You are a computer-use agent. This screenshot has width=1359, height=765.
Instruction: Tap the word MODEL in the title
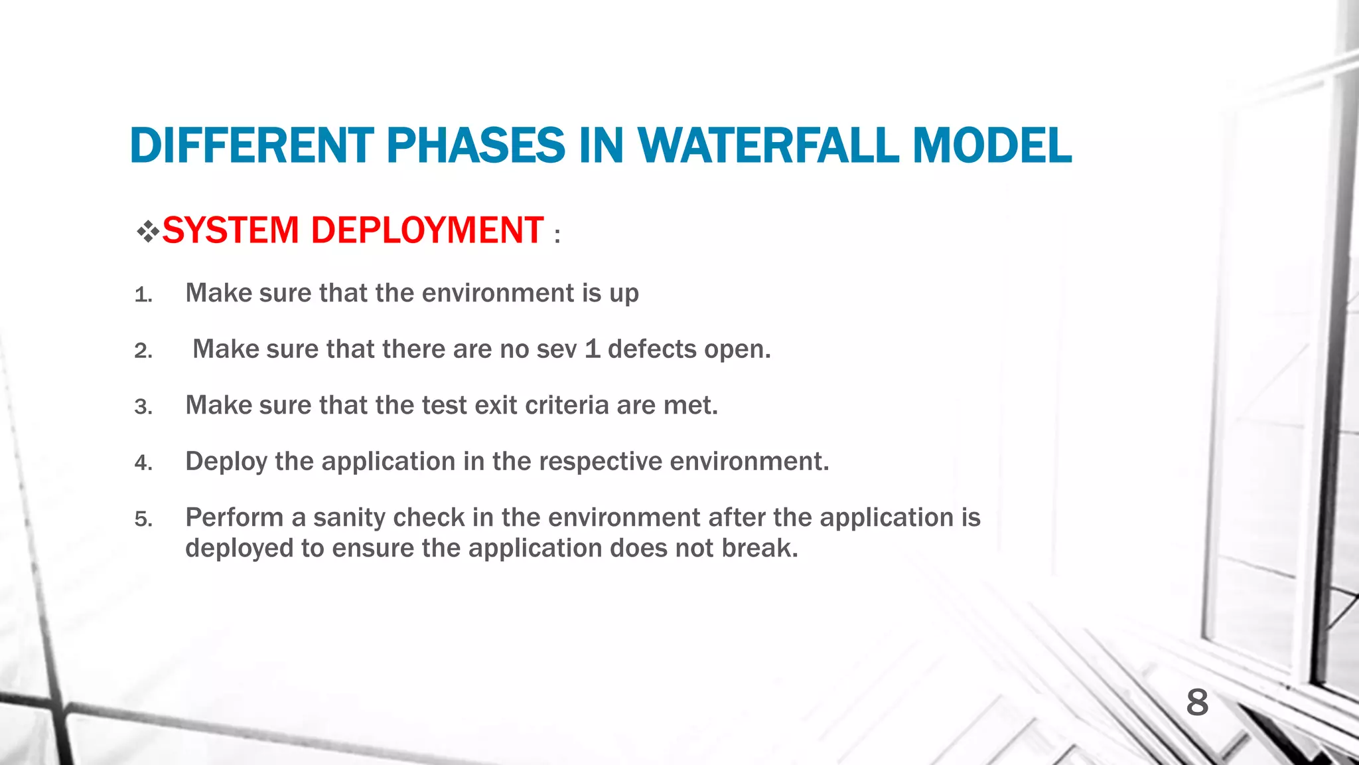point(991,145)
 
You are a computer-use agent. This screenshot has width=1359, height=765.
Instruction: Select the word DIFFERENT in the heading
point(252,145)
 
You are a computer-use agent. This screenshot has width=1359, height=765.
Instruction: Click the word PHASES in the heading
point(475,145)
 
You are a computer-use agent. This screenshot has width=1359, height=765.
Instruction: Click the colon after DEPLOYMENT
point(557,236)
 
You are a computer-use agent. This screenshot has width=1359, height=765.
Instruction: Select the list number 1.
point(143,295)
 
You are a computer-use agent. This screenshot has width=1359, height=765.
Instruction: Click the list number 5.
point(143,519)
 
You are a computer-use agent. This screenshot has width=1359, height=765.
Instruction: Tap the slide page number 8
point(1197,703)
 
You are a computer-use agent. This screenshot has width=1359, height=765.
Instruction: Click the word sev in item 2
point(557,350)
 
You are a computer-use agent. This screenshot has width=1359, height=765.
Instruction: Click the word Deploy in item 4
point(226,462)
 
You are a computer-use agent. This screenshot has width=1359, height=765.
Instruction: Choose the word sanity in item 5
point(349,518)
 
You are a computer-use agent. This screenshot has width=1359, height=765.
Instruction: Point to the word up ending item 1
point(624,294)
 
